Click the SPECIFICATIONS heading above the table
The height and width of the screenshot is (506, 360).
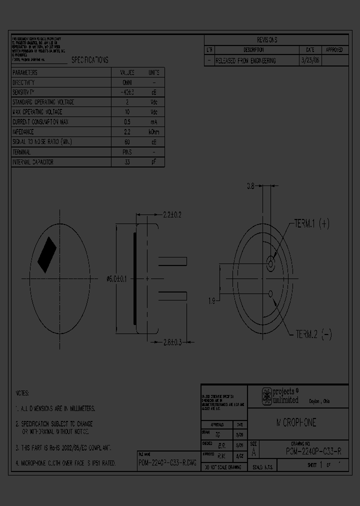pos(89,60)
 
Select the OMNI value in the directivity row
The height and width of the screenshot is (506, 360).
pos(127,82)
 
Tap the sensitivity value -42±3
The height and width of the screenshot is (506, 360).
pos(127,92)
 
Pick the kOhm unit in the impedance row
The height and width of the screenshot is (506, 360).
pos(154,132)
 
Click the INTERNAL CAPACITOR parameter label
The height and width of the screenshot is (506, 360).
pos(32,162)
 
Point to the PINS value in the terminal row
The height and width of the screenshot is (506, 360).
pos(127,152)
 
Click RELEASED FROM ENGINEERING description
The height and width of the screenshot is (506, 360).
pos(245,60)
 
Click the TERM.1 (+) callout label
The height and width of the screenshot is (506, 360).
pos(311,224)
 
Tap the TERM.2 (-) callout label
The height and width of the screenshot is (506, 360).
pos(313,334)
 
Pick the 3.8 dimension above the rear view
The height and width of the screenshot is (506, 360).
pos(251,186)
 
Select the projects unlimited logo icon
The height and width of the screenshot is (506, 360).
pos(267,396)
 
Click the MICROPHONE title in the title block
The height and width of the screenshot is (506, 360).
pos(296,423)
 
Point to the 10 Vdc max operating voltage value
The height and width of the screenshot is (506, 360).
pos(127,112)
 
